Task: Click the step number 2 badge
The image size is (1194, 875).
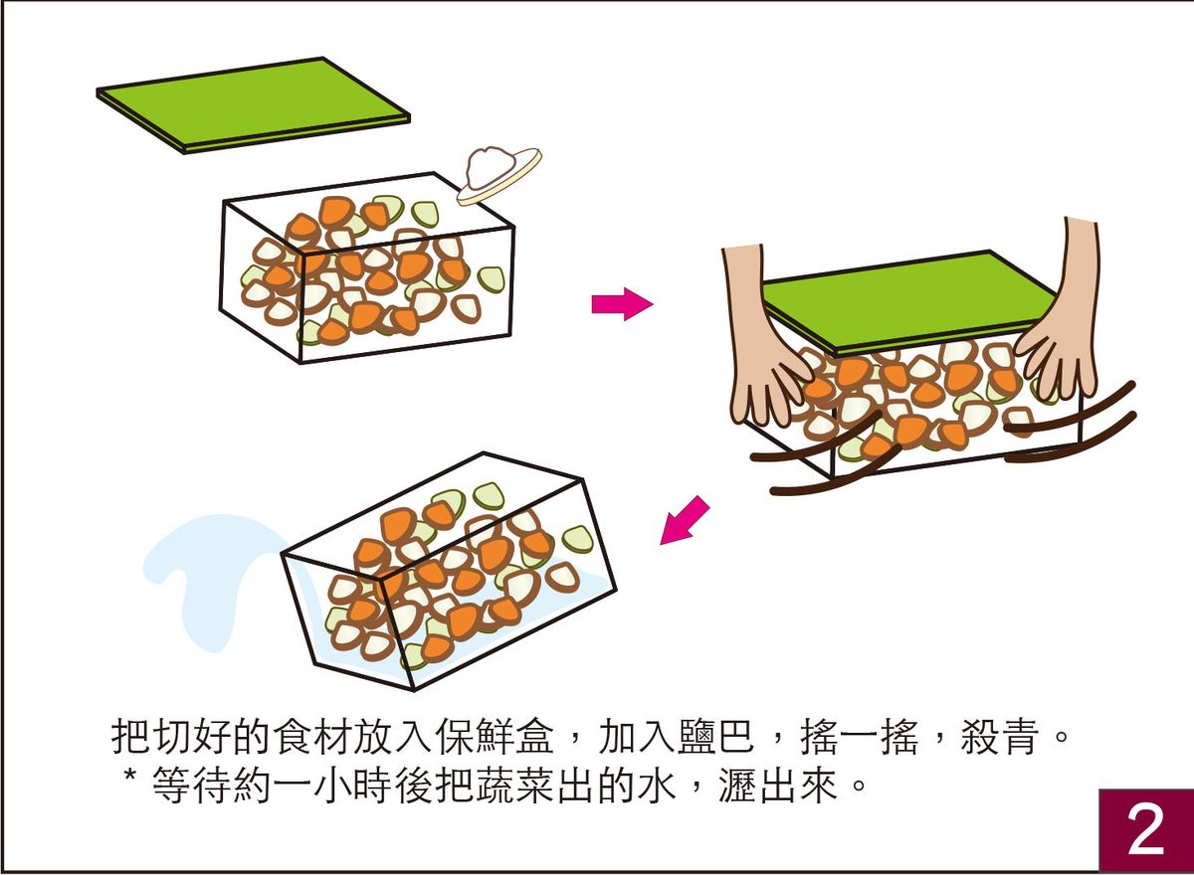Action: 1145,830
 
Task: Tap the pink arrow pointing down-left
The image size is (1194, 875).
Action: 686,520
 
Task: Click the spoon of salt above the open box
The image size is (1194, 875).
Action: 497,174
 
